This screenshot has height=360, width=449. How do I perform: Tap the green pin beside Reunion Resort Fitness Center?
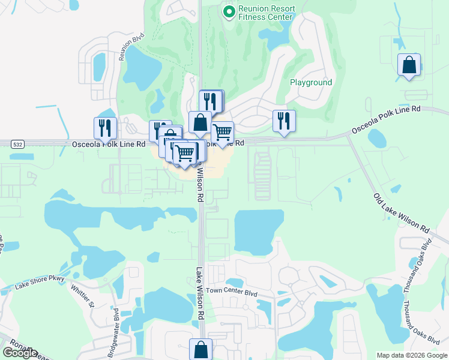coord(229,12)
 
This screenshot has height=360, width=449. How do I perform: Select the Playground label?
coord(310,82)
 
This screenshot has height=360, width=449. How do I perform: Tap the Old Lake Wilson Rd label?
coord(400,213)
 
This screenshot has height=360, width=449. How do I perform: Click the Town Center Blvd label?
coord(231,290)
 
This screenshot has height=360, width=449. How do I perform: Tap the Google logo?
coord(20,353)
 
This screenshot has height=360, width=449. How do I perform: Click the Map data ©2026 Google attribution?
coord(411,355)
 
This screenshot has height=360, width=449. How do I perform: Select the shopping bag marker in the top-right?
coord(409,65)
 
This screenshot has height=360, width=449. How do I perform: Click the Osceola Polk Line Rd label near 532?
coord(109,144)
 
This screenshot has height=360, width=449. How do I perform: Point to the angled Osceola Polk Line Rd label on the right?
coord(385,119)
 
